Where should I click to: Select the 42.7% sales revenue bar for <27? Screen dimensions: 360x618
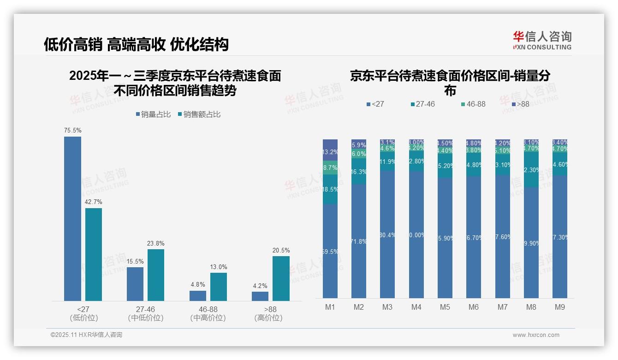(x=94, y=254)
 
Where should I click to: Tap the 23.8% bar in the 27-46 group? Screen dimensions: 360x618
(x=156, y=275)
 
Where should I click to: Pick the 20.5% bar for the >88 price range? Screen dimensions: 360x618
(x=281, y=278)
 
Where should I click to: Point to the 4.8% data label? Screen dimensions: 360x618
(x=197, y=285)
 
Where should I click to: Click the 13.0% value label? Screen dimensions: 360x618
(x=219, y=267)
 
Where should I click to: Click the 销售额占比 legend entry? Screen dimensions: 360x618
(x=199, y=114)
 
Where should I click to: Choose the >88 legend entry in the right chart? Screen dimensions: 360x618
(x=520, y=104)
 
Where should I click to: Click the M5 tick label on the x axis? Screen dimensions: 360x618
(x=445, y=307)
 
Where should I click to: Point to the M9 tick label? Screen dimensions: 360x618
(x=559, y=307)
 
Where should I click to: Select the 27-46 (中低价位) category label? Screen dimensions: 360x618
(x=145, y=313)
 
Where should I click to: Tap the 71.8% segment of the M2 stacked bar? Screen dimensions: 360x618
(x=359, y=241)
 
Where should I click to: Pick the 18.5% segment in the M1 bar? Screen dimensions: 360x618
(x=330, y=189)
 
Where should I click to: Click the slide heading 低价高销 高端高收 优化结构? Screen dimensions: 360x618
(x=136, y=45)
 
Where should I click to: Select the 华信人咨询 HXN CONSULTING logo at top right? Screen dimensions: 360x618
(x=542, y=40)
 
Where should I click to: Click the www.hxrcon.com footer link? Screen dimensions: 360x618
(x=535, y=335)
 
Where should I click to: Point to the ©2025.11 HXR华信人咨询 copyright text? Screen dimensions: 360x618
(x=86, y=335)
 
